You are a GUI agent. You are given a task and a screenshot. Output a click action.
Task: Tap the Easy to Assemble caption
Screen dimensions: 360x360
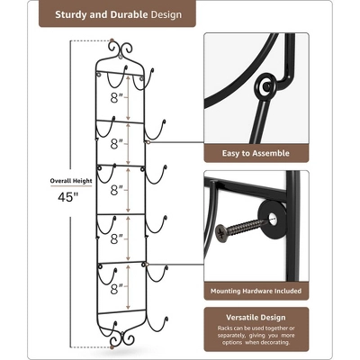click(255, 154)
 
